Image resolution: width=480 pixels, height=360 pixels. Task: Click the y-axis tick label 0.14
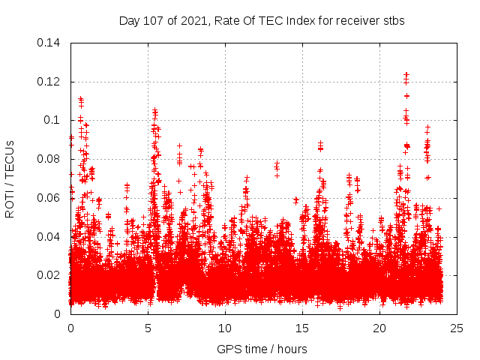(50, 43)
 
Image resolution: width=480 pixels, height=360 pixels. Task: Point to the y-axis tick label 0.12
(50, 82)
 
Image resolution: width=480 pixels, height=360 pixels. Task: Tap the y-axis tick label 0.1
(54, 120)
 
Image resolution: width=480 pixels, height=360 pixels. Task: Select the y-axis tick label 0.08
(50, 159)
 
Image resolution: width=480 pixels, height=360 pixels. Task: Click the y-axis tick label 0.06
(50, 198)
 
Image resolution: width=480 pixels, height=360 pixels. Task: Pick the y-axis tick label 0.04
(50, 237)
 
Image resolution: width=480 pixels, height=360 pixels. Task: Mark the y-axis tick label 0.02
(50, 275)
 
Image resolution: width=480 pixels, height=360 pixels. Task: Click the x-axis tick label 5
(148, 328)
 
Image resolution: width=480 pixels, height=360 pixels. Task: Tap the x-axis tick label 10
(225, 328)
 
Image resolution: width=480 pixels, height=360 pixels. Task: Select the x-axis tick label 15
(302, 328)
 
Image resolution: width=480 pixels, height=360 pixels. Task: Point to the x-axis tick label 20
(379, 328)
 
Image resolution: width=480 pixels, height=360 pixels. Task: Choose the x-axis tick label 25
(457, 328)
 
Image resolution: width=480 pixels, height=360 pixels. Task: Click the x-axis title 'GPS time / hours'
(262, 349)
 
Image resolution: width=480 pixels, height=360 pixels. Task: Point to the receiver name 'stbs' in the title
(392, 21)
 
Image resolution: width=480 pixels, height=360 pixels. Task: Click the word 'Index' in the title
(307, 21)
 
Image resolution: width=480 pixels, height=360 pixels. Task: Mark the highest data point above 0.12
(406, 73)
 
